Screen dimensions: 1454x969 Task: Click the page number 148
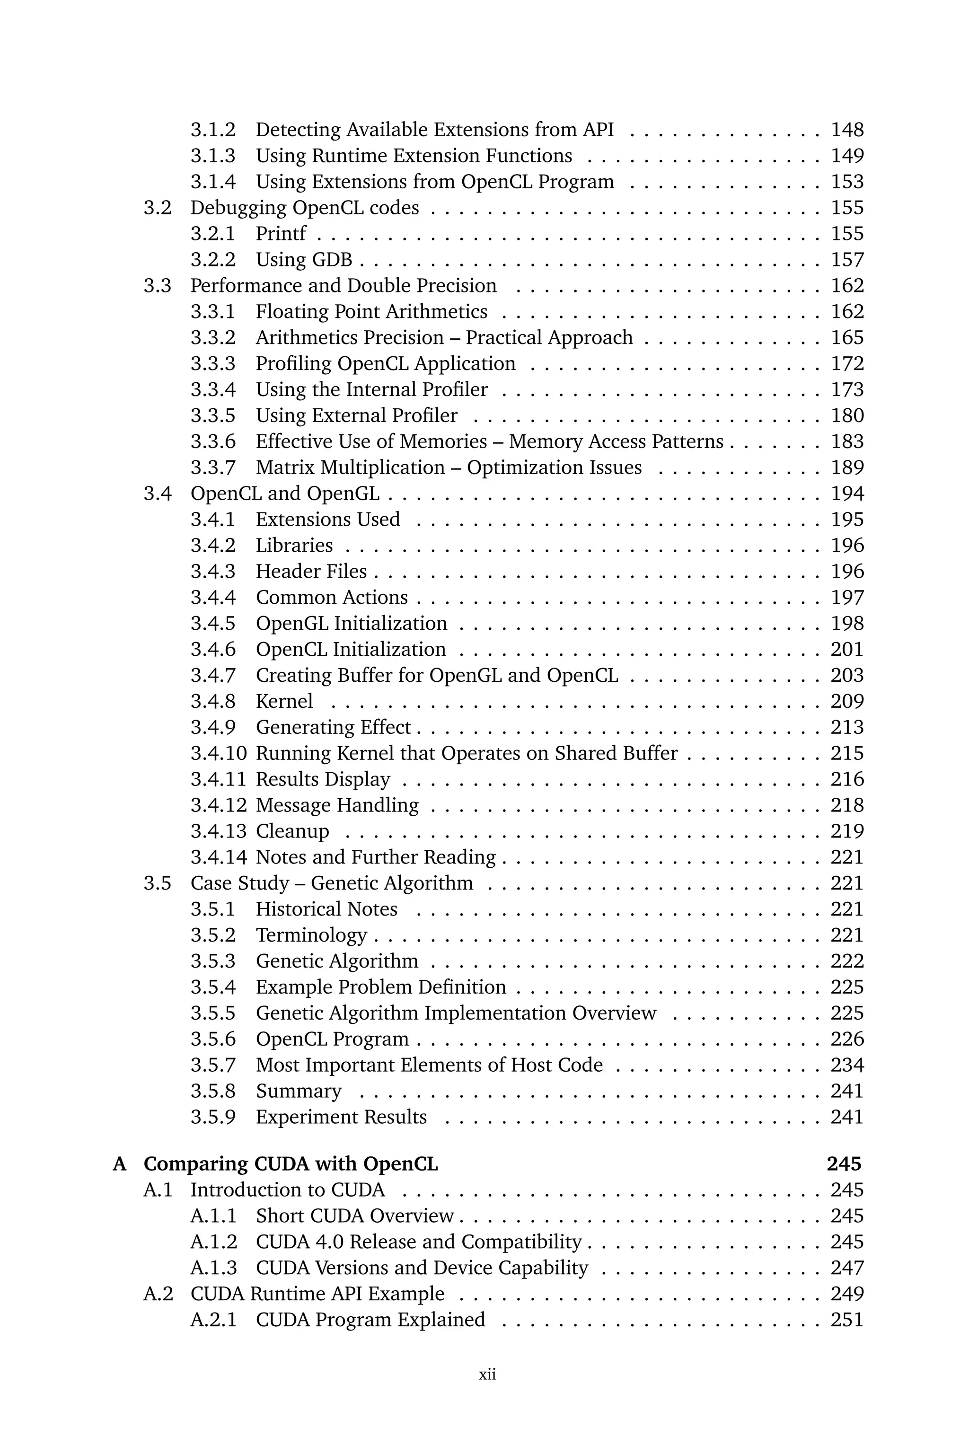click(846, 130)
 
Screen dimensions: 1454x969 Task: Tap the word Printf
click(281, 234)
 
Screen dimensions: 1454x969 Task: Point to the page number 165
click(846, 337)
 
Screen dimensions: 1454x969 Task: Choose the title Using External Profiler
click(357, 415)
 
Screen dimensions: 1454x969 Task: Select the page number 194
click(846, 493)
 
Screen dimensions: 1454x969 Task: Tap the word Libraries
click(294, 545)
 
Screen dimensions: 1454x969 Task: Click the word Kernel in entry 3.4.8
click(284, 701)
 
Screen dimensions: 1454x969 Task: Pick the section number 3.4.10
click(218, 753)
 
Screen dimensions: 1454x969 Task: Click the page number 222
click(846, 961)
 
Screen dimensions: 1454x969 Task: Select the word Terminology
click(311, 935)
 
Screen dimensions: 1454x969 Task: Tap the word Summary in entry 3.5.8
click(299, 1091)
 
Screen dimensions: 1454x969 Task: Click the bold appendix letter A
click(119, 1164)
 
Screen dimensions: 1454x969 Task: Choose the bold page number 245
click(844, 1164)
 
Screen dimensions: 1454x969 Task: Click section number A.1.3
click(213, 1268)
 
